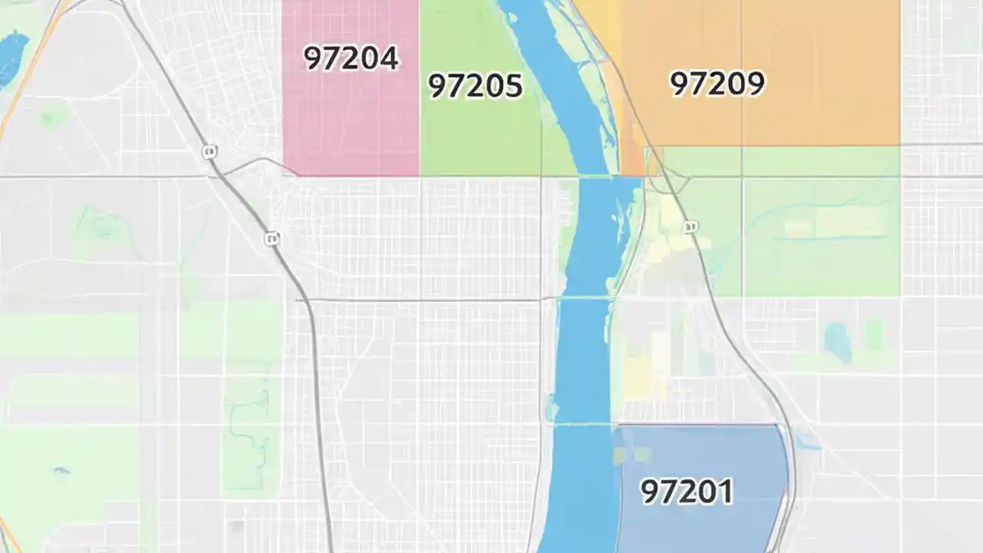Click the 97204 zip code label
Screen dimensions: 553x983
pos(351,58)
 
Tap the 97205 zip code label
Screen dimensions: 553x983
pos(475,85)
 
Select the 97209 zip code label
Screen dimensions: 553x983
pos(717,83)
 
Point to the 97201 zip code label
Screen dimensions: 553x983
pos(687,491)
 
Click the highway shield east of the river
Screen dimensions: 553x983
pos(690,227)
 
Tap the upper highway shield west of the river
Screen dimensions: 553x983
pos(209,152)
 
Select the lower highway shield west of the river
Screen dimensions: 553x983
pos(271,239)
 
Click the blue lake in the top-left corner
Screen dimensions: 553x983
pos(11,58)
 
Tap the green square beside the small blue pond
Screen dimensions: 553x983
pos(874,336)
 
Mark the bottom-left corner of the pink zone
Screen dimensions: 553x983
pos(284,174)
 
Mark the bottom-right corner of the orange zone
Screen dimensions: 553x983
pos(899,144)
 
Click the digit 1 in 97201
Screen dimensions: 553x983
pos(725,491)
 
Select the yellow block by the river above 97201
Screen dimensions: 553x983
pos(636,376)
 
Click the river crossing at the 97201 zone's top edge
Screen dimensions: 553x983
pos(584,424)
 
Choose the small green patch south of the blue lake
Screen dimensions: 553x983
pos(52,118)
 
